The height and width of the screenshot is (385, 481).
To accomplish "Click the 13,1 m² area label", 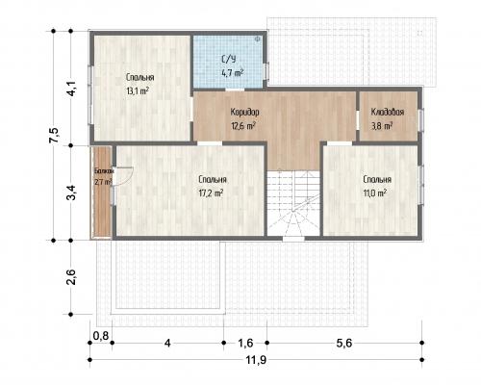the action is pos(138,91).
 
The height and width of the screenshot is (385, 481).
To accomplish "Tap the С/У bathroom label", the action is pos(229,60).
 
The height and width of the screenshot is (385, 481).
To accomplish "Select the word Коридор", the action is pos(244,112).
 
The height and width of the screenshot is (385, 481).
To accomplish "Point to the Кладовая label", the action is pos(388,112).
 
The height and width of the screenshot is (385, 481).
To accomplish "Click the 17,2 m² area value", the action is pos(211,193).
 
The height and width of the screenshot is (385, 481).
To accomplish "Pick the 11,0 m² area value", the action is pos(374,193).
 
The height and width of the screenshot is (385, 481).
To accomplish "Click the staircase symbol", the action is pos(293,203).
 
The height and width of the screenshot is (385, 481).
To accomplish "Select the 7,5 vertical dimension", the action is pos(54,136).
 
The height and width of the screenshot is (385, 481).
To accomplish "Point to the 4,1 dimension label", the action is pos(71,88).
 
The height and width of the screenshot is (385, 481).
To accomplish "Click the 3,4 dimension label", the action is pos(71,192).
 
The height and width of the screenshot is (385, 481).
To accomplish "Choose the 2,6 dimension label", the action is pos(71,277).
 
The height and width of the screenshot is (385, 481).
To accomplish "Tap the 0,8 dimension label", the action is pos(101,336).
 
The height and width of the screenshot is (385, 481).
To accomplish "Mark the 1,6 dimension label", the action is pos(245,344).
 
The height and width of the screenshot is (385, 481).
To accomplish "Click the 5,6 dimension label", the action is pos(344,344).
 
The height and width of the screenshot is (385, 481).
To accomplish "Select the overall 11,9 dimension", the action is pos(256,360).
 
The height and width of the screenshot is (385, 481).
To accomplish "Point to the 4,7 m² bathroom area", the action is pos(232,73).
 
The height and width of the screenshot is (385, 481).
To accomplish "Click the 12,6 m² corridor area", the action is pos(243,126).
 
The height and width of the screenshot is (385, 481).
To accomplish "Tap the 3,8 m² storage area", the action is pos(382,126).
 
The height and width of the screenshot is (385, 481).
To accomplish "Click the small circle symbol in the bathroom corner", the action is pos(257,39).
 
